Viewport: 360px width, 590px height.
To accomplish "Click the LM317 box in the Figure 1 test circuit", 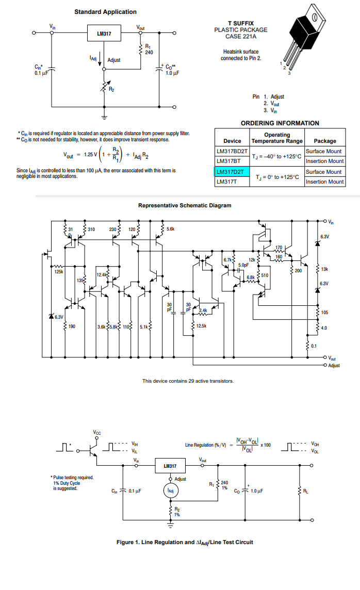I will click(x=170, y=466).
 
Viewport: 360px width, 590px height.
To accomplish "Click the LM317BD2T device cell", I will click(x=232, y=151).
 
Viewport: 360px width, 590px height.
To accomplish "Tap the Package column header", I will click(x=324, y=141).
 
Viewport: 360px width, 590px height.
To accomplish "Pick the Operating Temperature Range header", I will click(x=277, y=138).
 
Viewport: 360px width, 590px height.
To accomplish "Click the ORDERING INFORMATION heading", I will click(x=280, y=123).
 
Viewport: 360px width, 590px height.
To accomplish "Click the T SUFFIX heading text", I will click(x=240, y=23).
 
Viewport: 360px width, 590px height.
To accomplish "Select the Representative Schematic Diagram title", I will click(x=185, y=205).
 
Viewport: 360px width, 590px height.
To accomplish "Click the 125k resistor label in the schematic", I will click(x=58, y=272).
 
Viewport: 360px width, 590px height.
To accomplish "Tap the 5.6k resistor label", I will click(x=170, y=228).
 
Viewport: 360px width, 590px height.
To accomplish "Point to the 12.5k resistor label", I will click(x=201, y=326).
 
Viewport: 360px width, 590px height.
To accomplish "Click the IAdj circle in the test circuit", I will click(x=170, y=490).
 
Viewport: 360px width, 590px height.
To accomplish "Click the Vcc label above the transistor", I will click(x=97, y=432).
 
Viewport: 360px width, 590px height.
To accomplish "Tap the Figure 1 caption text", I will click(x=185, y=542).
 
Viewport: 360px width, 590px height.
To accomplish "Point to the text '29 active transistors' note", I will click(x=188, y=381).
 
